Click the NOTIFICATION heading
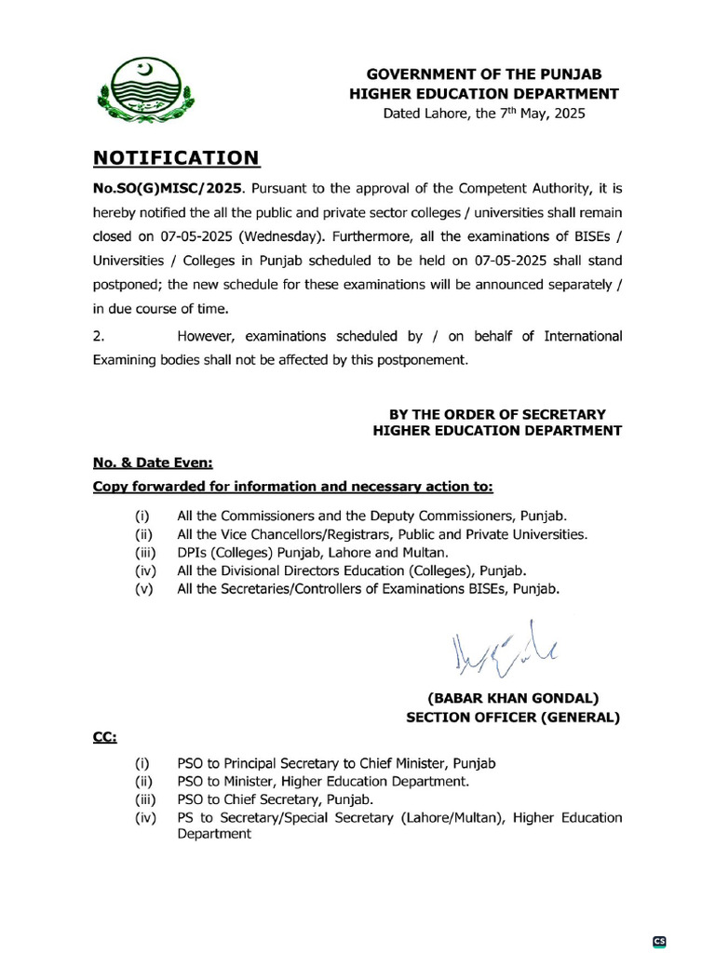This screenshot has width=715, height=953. pos(176,157)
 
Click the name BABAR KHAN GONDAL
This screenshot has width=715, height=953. pos(513,698)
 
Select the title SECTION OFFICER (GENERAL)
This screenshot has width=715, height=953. pos(513,717)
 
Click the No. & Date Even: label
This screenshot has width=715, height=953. pos(153,462)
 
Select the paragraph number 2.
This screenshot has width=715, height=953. pos(98,336)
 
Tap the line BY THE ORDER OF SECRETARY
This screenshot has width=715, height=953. pos(496,413)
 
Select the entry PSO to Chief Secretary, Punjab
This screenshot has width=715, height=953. pos(275,799)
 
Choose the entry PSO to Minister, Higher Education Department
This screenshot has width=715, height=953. pos(323,782)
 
